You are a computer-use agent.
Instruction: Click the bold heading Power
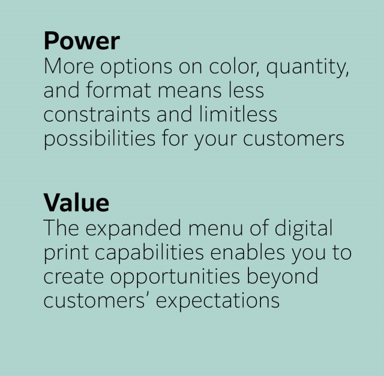(x=82, y=41)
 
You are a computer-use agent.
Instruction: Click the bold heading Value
(x=76, y=203)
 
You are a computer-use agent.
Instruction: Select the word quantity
(x=307, y=67)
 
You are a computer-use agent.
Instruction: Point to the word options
(x=136, y=67)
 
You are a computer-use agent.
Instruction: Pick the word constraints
(x=97, y=115)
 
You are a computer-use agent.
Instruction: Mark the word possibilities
(x=100, y=139)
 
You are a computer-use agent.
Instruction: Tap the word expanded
(x=133, y=228)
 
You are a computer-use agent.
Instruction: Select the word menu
(x=215, y=228)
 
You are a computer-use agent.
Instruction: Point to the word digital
(x=303, y=228)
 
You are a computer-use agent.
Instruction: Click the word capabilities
(x=149, y=252)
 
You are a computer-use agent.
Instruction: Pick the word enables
(x=248, y=252)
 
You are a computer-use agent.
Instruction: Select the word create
(x=73, y=277)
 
